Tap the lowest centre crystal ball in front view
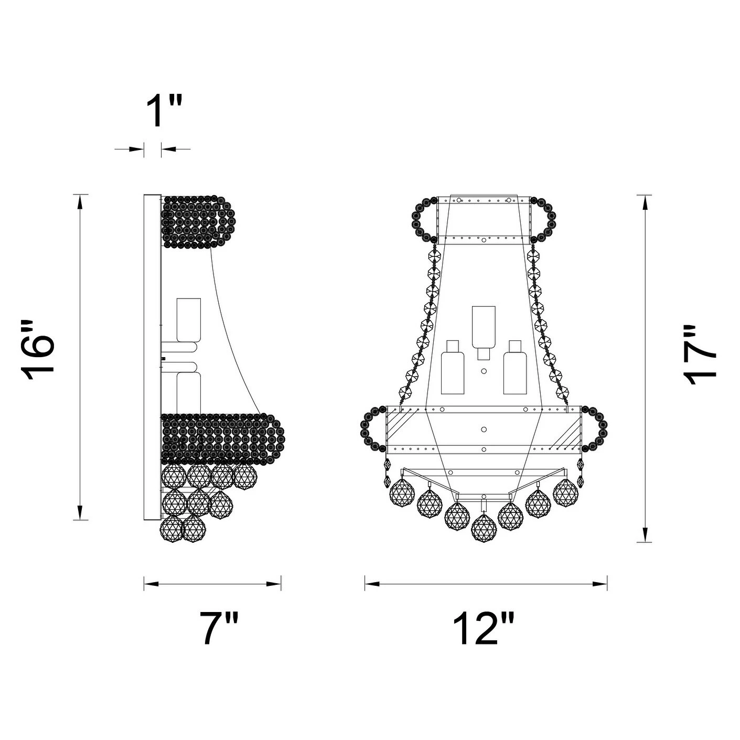[x=484, y=529]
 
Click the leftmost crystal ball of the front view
[x=403, y=494]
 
